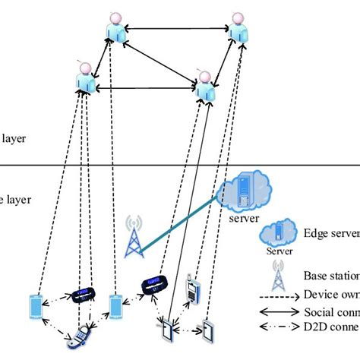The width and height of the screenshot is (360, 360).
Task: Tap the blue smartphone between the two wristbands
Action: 115,305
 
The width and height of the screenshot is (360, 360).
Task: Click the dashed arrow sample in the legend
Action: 277,297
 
